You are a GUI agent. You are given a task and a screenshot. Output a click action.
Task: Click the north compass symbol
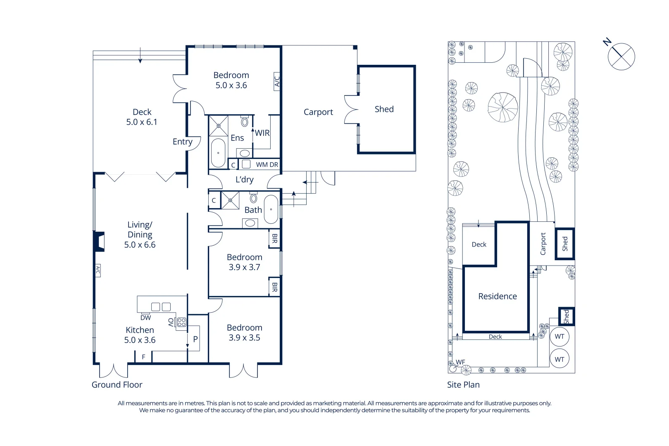[621, 57]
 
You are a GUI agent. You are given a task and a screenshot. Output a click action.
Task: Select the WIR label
[262, 133]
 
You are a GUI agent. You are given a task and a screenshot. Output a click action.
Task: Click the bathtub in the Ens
[218, 153]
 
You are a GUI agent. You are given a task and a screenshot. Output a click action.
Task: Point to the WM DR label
[267, 164]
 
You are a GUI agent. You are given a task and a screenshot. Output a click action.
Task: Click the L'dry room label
[244, 180]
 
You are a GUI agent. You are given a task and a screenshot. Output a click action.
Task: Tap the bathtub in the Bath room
[271, 209]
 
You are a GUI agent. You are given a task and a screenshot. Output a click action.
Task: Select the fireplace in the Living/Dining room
[99, 242]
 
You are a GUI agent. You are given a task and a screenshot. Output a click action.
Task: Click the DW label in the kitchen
[145, 318]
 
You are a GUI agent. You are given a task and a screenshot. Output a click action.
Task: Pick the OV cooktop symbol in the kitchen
[181, 322]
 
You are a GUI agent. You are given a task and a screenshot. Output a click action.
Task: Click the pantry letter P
[195, 339]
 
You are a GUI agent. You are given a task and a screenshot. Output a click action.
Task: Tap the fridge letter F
[143, 357]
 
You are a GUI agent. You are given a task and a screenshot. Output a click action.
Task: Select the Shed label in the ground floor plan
[384, 109]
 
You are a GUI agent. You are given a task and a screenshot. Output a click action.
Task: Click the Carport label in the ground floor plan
[318, 112]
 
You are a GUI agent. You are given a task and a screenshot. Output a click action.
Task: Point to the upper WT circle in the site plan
[559, 337]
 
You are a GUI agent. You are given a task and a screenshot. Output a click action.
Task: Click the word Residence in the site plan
[498, 296]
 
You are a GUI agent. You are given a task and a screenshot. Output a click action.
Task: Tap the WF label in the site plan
[460, 362]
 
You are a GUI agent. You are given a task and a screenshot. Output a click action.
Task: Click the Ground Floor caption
[117, 384]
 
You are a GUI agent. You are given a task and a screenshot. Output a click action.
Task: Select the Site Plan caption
[463, 384]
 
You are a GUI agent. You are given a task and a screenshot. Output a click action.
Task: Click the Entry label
[182, 142]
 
